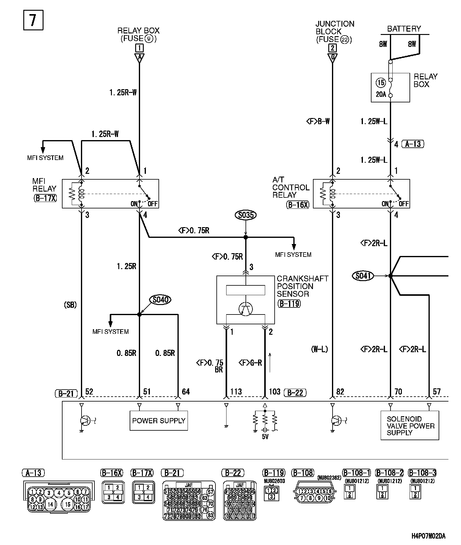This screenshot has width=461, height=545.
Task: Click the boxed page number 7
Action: pos(33,20)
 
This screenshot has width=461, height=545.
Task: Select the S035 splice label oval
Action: pos(246,215)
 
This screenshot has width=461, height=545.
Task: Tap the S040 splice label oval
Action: pos(160,299)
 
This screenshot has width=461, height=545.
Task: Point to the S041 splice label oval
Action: pos(363,276)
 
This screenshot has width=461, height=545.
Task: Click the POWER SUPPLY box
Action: pos(158,421)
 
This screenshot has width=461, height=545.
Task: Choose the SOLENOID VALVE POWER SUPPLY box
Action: pos(410,425)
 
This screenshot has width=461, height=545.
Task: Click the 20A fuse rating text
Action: pos(381,94)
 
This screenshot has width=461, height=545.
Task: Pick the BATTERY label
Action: pos(404,29)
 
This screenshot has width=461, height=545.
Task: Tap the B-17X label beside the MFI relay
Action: pos(45,198)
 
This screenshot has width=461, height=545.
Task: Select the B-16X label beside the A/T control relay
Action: pos(298,205)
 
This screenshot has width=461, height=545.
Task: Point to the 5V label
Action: pos(265,437)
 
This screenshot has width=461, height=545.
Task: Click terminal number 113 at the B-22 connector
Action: pos(236,391)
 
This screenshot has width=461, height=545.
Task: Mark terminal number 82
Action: pos(340,391)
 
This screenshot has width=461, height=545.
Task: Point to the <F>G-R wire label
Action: pos(250,363)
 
